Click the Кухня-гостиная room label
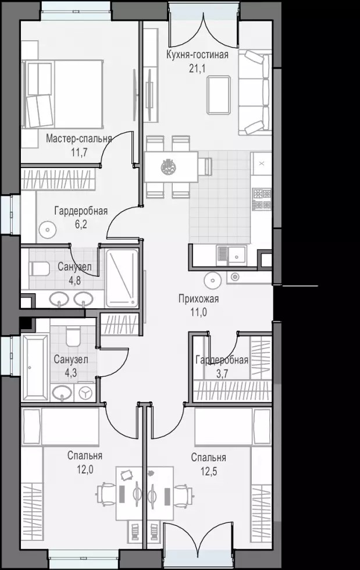198,55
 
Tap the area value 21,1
197,69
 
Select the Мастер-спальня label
79,138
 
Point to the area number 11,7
79,152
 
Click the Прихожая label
198,299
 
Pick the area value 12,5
209,472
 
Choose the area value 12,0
85,469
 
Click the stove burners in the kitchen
262,199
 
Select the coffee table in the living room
219,94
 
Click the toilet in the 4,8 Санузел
39,269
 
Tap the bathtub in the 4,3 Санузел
35,368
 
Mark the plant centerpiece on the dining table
168,167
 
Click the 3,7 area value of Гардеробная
222,374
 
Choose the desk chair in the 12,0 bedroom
106,494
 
